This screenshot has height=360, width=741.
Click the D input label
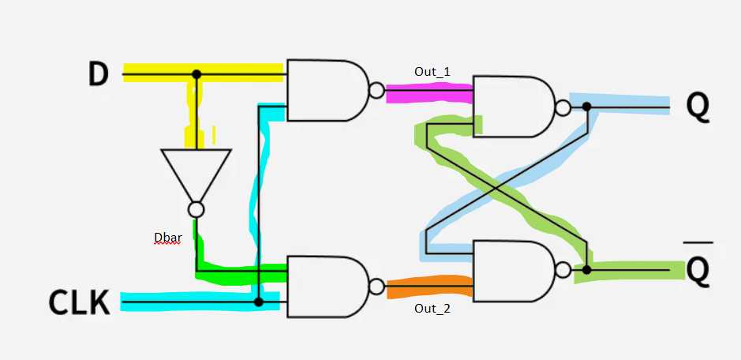click(98, 73)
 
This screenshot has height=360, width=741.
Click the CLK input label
click(79, 302)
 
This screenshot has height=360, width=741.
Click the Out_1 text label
click(432, 72)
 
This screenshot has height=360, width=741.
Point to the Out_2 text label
click(432, 308)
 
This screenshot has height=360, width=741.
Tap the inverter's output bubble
click(196, 209)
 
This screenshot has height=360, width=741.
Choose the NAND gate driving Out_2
click(326, 286)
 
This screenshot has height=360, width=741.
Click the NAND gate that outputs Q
click(512, 107)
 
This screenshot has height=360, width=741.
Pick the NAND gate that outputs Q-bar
click(512, 270)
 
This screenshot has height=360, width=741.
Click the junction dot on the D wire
click(196, 74)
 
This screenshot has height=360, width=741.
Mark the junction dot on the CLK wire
click(258, 302)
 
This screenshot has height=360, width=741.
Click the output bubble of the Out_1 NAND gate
click(377, 89)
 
